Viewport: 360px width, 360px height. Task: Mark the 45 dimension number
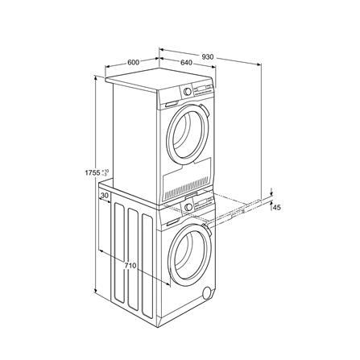[277, 208]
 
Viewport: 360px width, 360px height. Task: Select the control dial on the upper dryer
[188, 92]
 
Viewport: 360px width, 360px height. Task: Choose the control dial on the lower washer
[188, 209]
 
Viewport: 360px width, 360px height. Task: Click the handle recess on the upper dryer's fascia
[171, 104]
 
